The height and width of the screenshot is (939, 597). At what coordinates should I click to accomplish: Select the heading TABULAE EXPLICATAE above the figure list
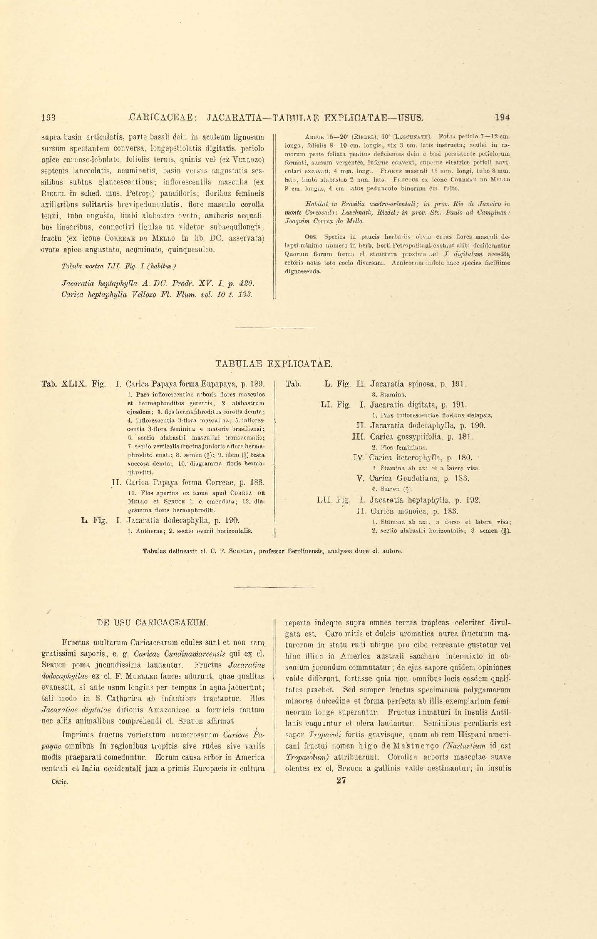tap(274, 364)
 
